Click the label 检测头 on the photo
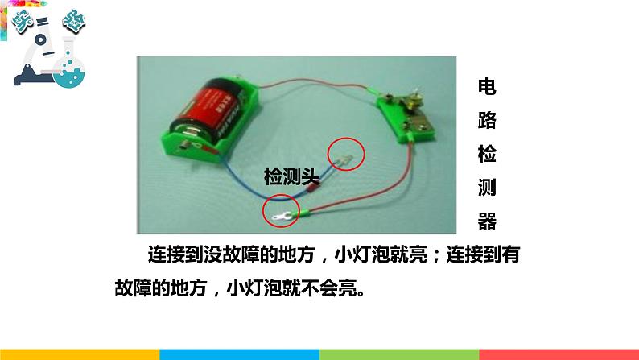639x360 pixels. tap(292, 175)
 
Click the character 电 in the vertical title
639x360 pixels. tap(488, 86)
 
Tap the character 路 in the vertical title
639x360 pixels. tap(488, 121)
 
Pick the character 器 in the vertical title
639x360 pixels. tap(488, 221)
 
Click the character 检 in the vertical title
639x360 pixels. tap(488, 154)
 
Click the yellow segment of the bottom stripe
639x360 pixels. tap(80, 354)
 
